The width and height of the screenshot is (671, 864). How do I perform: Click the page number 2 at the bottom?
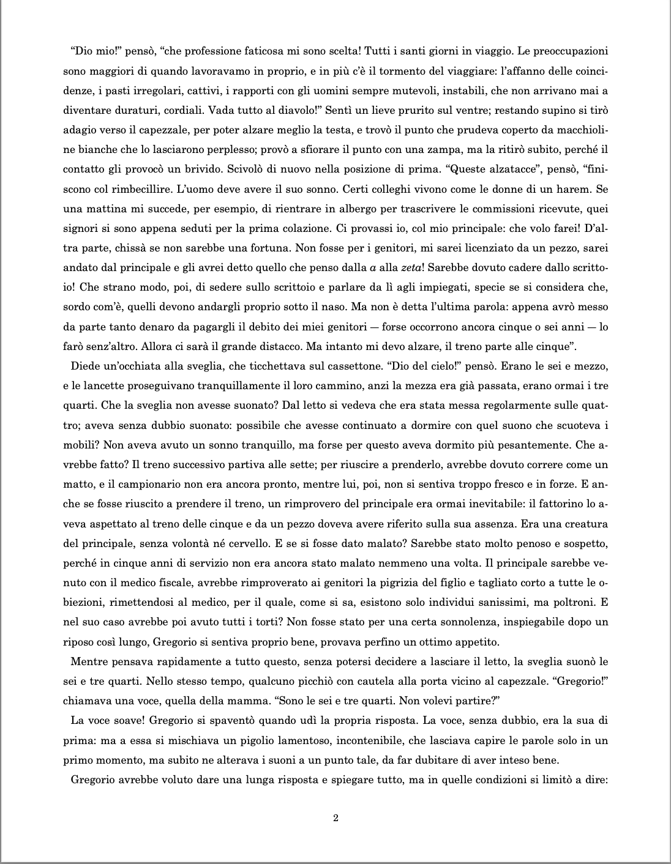pyautogui.click(x=335, y=819)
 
